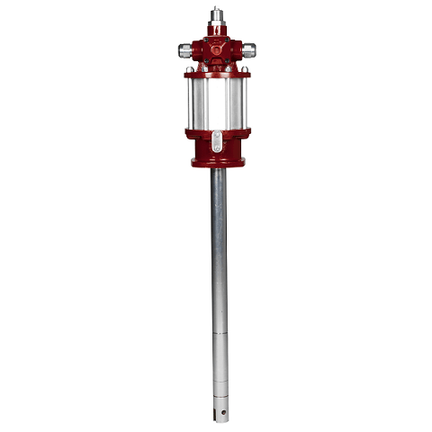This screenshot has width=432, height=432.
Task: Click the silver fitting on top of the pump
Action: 216,16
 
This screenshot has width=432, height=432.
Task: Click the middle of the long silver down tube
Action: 218,270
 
